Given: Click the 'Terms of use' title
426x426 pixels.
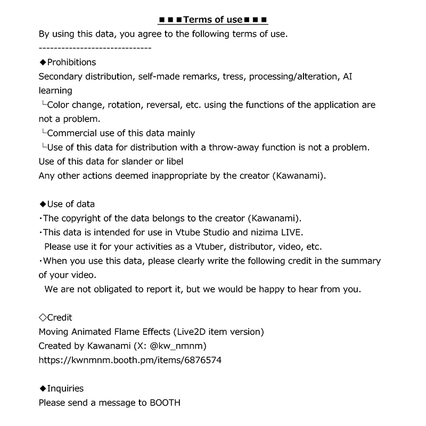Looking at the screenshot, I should click(x=213, y=20).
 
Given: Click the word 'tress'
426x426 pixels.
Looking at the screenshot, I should click(x=233, y=77).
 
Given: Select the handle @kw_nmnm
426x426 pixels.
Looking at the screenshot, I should click(x=178, y=346).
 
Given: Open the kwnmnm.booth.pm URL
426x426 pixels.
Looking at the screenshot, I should click(x=130, y=360).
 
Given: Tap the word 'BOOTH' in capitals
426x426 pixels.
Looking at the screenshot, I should click(x=165, y=403).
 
